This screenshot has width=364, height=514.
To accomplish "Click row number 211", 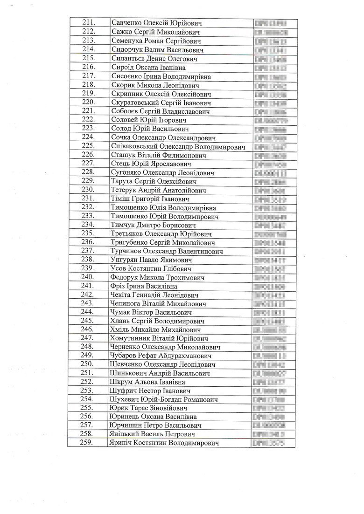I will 88,23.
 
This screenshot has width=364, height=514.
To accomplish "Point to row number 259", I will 88,443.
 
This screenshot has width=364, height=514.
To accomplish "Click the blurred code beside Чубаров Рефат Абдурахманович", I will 269,356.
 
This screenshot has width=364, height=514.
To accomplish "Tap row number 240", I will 88,277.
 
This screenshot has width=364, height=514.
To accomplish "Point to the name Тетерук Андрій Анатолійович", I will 156,190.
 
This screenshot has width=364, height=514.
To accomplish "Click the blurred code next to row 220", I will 269,103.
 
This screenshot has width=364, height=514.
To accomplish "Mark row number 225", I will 88,146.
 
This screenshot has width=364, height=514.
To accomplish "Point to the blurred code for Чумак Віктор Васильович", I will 269,312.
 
